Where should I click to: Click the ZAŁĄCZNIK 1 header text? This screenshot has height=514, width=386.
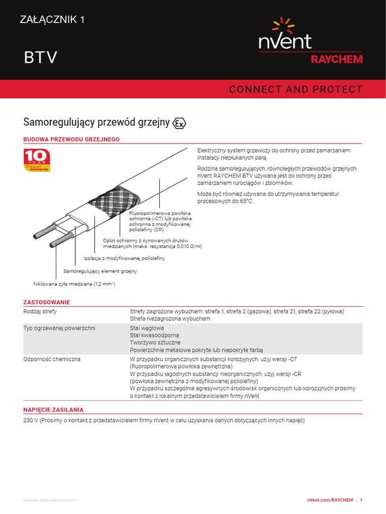52,20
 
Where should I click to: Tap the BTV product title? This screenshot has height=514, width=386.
41,58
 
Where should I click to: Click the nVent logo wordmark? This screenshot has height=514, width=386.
285,41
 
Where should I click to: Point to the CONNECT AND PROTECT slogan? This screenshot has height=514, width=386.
296,89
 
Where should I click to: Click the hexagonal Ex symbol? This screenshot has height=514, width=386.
179,123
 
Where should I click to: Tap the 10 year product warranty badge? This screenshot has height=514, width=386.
37,160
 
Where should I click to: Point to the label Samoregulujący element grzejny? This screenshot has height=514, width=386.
100,271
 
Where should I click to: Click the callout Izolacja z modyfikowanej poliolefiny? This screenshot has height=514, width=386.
124,258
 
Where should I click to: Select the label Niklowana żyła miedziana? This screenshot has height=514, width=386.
74,284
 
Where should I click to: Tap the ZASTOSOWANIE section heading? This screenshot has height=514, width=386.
47,302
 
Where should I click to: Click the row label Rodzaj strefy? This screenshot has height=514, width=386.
40,311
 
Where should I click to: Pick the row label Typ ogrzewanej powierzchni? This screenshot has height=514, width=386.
59,328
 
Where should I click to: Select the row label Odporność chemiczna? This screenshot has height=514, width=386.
52,359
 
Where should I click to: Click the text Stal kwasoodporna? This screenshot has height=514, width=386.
154,335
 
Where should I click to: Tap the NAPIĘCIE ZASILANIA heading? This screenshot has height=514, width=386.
53,410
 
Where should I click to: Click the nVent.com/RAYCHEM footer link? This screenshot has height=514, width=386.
330,500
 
